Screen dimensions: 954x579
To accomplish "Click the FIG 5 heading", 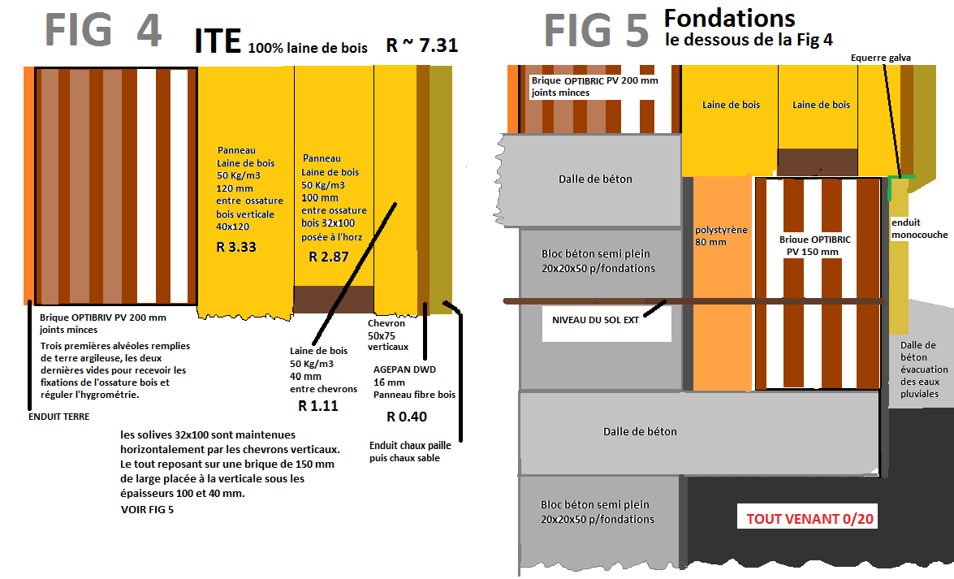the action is [x=597, y=31].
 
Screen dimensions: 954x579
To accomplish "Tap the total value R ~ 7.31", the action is [x=422, y=45].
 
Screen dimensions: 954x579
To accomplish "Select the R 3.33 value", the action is [x=236, y=247].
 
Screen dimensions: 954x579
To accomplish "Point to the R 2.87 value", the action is [x=329, y=257].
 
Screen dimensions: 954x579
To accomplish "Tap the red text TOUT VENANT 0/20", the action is [x=809, y=518].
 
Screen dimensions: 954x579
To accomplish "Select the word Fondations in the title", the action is [x=729, y=18].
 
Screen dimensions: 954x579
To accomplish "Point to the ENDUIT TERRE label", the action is [x=58, y=417].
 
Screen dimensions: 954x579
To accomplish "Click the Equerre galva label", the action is [x=881, y=58].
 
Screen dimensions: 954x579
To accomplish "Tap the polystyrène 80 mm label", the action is [x=720, y=235].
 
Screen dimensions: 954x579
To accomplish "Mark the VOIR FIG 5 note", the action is [x=146, y=510].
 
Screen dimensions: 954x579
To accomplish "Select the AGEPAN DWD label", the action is [x=404, y=369].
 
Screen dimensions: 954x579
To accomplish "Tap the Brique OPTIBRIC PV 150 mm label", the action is [x=814, y=245].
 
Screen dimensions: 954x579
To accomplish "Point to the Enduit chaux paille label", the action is [x=409, y=445].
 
